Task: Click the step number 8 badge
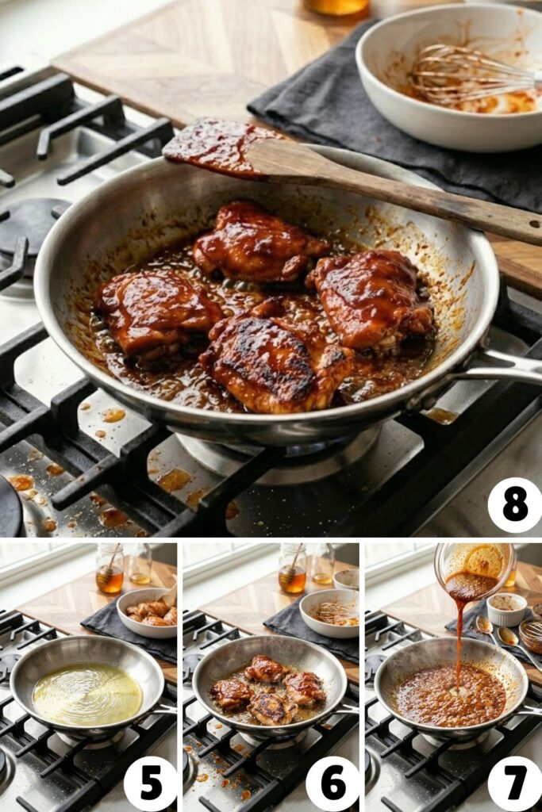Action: pos(515,505)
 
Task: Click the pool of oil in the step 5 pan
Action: pos(87,694)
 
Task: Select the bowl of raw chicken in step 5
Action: pos(148,612)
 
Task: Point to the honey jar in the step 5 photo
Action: pos(110,569)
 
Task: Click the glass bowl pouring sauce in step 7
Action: pos(475,565)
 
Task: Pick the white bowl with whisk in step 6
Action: pos(329,612)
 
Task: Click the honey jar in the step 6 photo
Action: pos(292,569)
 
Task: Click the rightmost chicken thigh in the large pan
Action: pos(373,297)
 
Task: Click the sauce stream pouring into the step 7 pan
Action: pos(459,642)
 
